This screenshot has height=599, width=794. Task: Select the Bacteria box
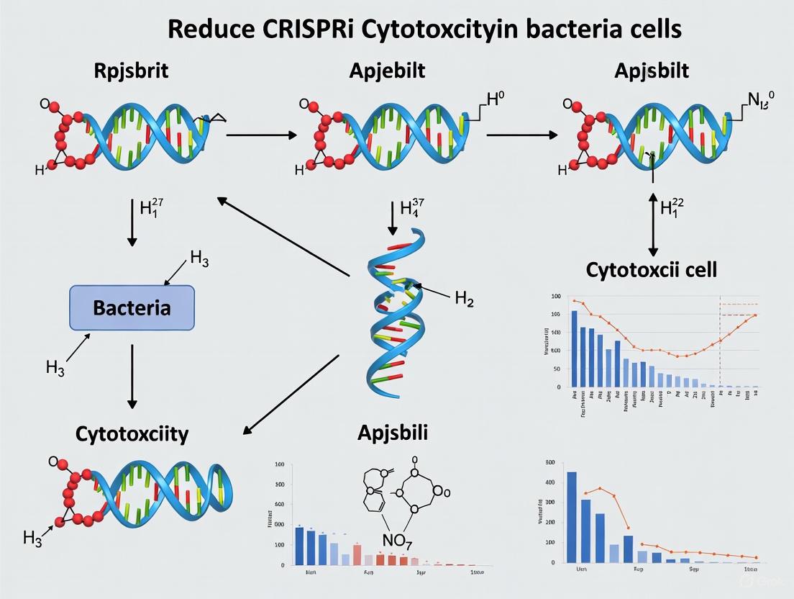132,308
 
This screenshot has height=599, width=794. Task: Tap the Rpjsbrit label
132,71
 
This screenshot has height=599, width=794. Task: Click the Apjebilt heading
387,71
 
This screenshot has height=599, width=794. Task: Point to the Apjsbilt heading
652,71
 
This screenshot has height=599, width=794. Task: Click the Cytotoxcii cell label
652,270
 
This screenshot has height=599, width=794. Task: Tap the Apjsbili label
393,433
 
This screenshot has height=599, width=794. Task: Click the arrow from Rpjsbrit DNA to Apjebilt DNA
261,135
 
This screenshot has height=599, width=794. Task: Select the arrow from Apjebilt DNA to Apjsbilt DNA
521,135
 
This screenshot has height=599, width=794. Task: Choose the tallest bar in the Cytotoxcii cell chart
574,348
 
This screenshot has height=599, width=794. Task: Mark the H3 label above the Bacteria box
199,260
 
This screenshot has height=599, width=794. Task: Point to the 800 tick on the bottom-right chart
552,462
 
